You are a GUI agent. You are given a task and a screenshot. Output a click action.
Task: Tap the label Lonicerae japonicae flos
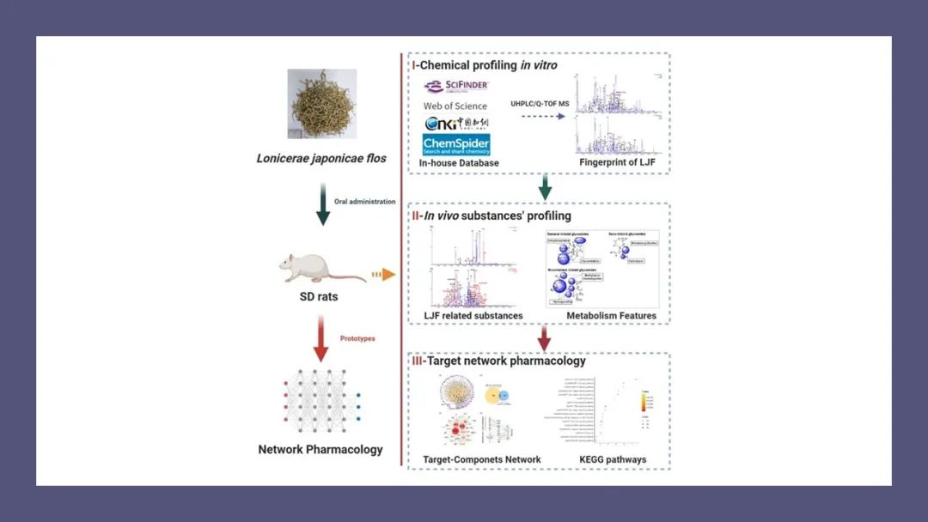pos(321,158)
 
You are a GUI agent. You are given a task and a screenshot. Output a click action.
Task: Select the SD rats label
pos(320,296)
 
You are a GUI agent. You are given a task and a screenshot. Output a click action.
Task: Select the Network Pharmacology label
pos(321,449)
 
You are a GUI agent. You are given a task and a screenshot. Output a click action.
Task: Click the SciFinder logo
pos(456,86)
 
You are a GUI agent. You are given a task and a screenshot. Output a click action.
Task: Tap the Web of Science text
pos(455,106)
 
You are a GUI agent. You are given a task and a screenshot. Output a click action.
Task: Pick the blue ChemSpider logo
pos(456,144)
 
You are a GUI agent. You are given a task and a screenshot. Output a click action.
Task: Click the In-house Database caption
pos(459,163)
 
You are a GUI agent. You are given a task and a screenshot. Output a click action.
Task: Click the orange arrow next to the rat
pos(383,275)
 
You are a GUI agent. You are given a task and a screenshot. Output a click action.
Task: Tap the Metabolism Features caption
pos(611,316)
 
